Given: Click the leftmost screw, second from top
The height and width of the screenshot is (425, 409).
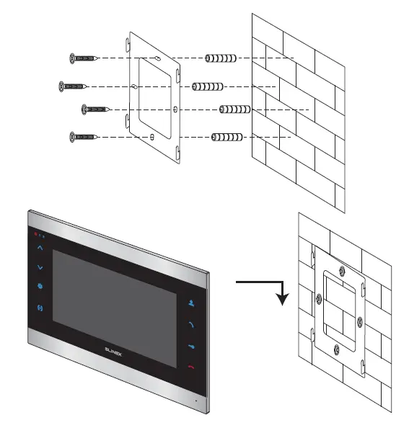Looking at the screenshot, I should click(x=72, y=86).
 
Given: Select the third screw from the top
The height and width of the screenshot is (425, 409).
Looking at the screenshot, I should click(x=95, y=109).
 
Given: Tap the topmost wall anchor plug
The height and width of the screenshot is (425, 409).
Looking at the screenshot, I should click(x=221, y=58).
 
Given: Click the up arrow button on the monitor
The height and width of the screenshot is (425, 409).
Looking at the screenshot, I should click(x=40, y=248).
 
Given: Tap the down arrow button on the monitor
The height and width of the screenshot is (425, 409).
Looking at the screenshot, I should click(x=40, y=267).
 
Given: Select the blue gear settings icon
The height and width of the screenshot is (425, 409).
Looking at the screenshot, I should click(x=40, y=287).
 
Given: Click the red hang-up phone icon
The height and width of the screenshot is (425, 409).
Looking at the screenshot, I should click(x=191, y=366).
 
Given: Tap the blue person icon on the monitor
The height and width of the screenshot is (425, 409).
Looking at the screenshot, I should click(x=191, y=303).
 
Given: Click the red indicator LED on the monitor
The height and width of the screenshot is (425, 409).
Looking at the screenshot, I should click(x=32, y=235).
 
